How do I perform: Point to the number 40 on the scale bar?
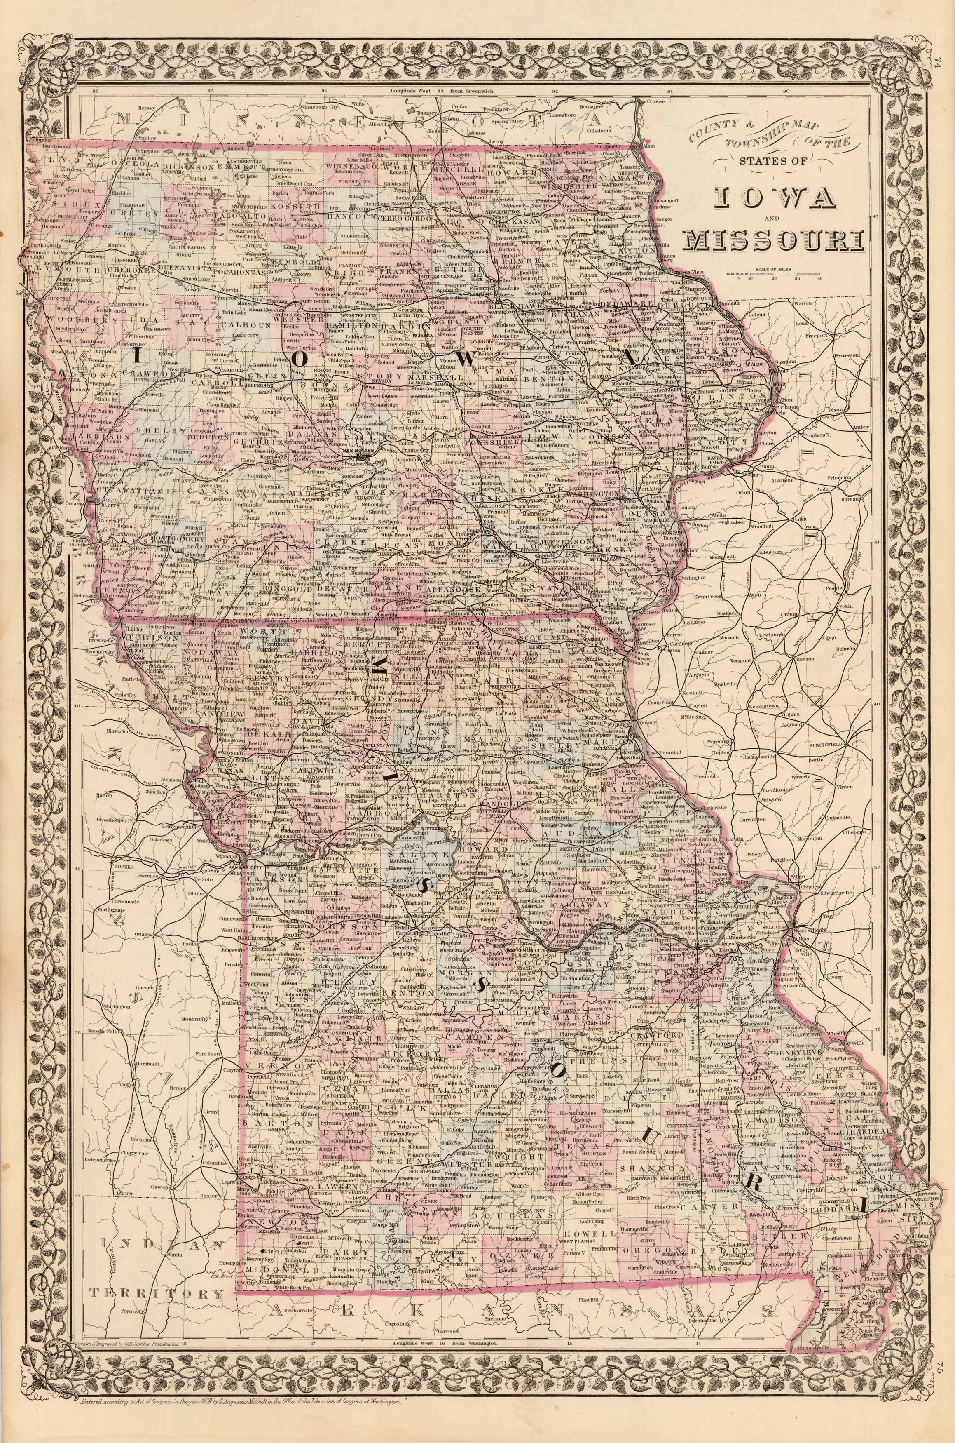(x=820, y=280)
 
